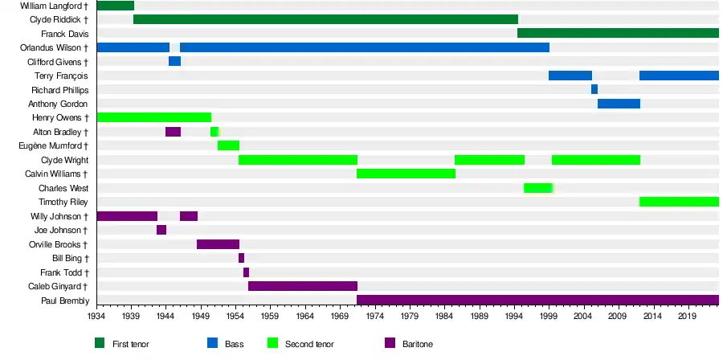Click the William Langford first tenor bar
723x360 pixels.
pyautogui.click(x=115, y=6)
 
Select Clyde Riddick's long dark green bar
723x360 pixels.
pyautogui.click(x=325, y=19)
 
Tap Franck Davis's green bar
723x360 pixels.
pyautogui.click(x=618, y=33)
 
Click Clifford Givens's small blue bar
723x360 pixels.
pyautogui.click(x=174, y=61)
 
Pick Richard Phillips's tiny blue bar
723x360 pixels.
pyautogui.click(x=594, y=89)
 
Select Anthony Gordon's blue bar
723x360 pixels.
pyautogui.click(x=619, y=104)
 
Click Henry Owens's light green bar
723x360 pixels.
pyautogui.click(x=153, y=117)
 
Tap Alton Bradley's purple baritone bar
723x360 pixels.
pyautogui.click(x=173, y=132)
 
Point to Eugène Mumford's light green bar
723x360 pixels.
pyautogui.click(x=228, y=145)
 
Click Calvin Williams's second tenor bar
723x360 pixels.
pyautogui.click(x=406, y=174)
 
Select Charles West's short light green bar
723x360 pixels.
pyautogui.click(x=537, y=188)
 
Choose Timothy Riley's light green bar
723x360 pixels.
pyautogui.click(x=679, y=202)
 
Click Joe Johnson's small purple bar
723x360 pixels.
pyautogui.click(x=161, y=230)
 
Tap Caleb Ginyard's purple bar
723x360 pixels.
pyautogui.click(x=302, y=286)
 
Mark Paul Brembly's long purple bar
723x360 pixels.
pyautogui.click(x=537, y=301)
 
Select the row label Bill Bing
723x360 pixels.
pyautogui.click(x=70, y=258)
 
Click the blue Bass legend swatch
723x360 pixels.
pyautogui.click(x=212, y=343)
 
